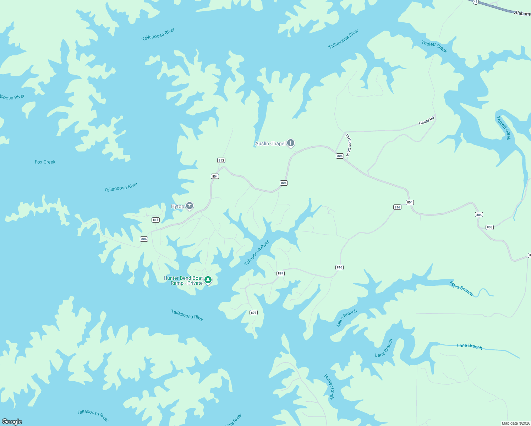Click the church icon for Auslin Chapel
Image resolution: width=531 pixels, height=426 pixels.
291,143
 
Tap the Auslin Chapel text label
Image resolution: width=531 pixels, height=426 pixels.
270,143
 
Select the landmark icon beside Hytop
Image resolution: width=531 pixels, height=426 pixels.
190,206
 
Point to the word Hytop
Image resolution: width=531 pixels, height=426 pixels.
177,206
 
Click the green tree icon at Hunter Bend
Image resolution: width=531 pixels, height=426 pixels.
208,280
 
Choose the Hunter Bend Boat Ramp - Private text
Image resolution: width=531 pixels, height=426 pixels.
183,280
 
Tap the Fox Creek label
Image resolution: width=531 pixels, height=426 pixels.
45,162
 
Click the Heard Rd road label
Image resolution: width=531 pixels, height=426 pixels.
426,121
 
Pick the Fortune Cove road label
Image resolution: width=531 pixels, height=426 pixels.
349,145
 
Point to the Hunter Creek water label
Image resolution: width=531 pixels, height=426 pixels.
329,387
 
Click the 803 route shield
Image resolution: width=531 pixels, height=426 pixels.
489,227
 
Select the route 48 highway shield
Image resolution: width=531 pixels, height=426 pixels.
476,2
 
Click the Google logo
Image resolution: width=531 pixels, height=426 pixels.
12,422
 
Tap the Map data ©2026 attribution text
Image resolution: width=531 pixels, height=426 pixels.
515,423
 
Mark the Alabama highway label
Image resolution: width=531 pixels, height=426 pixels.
522,13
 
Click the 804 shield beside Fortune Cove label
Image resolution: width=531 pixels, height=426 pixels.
340,156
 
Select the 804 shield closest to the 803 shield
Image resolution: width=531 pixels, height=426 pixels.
479,214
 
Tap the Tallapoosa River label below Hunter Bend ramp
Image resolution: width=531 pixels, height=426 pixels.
187,315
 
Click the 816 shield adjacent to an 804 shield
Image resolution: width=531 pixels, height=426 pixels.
397,207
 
